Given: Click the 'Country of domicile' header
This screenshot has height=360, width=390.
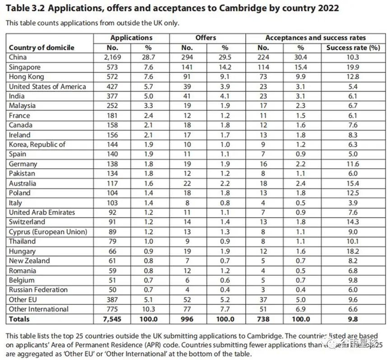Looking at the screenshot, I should coord(42,47).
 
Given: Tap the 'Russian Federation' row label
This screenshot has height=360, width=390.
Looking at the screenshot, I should coord(38,290).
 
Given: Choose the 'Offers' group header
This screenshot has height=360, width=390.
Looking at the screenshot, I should coord(206,38).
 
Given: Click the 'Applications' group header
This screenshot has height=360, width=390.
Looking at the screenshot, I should coord(131,38).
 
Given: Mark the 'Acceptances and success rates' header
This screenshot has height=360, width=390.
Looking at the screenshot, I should coord(315,38).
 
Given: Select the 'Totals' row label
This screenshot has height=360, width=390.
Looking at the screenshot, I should coord(19,319).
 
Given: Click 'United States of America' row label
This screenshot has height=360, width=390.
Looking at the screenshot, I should coord(47,86).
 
